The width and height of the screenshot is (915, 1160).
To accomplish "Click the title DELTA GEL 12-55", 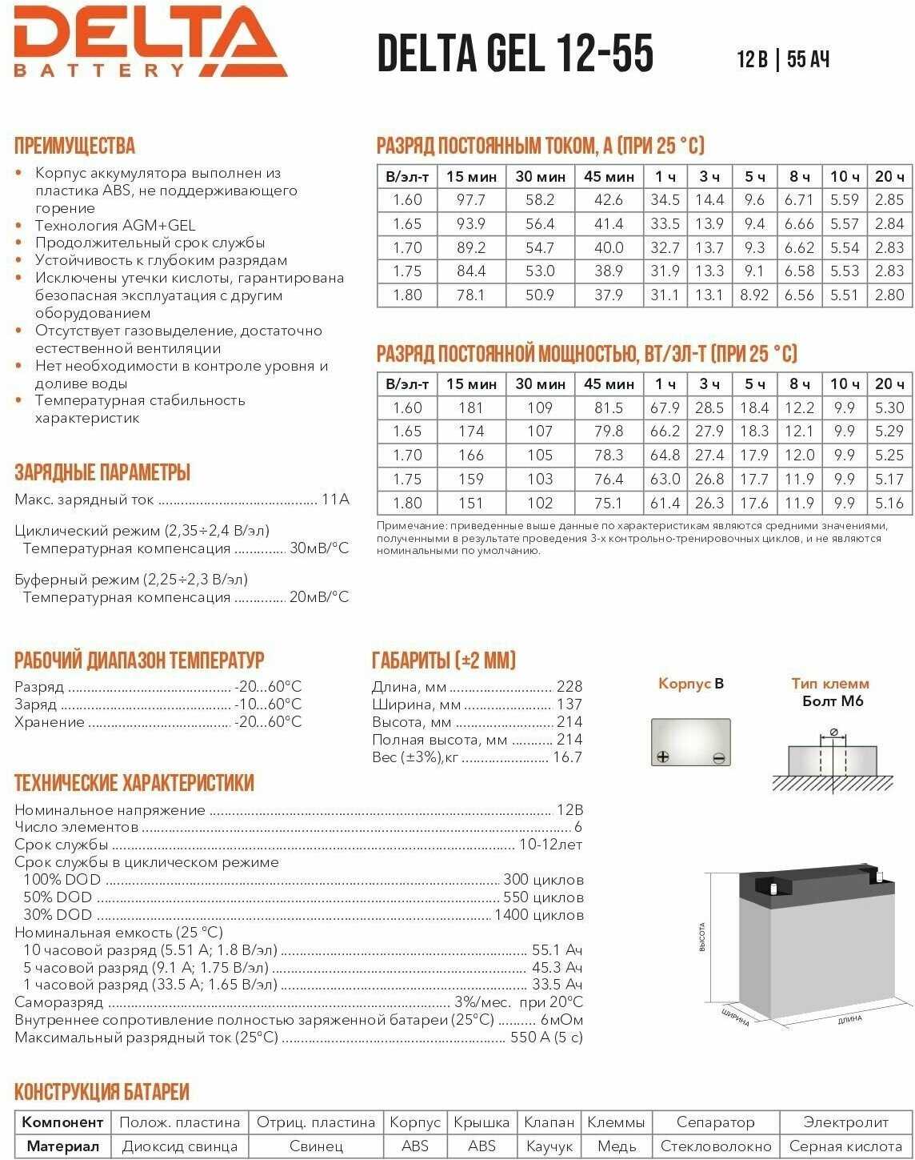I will point(515,54).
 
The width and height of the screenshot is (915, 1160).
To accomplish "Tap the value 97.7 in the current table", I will point(471,200).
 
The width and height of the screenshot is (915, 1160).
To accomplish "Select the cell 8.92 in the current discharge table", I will point(754,295).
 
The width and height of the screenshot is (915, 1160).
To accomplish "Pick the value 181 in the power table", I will point(471,407).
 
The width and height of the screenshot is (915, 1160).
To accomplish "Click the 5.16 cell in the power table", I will point(889,503).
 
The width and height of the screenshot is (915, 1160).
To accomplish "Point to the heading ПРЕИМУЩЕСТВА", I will point(75,146).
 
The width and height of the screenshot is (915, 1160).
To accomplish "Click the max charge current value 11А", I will point(335,500).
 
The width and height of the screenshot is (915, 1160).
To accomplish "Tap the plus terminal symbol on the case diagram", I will point(662,757).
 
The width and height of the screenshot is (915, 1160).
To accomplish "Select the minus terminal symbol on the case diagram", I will point(718,757).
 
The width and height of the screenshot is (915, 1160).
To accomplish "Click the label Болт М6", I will point(833,701).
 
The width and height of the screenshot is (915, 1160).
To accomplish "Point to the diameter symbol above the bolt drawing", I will point(833,732).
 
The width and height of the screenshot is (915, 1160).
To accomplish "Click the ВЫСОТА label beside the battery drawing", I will point(702,937).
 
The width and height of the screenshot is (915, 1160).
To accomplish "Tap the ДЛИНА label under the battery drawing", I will point(849,1019).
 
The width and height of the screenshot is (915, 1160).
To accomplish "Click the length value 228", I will point(569,687).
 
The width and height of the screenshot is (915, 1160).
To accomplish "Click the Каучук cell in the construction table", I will point(549,1146).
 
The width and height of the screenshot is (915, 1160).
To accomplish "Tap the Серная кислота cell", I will point(845,1146).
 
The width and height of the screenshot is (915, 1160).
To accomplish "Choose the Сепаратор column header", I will point(715,1122).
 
